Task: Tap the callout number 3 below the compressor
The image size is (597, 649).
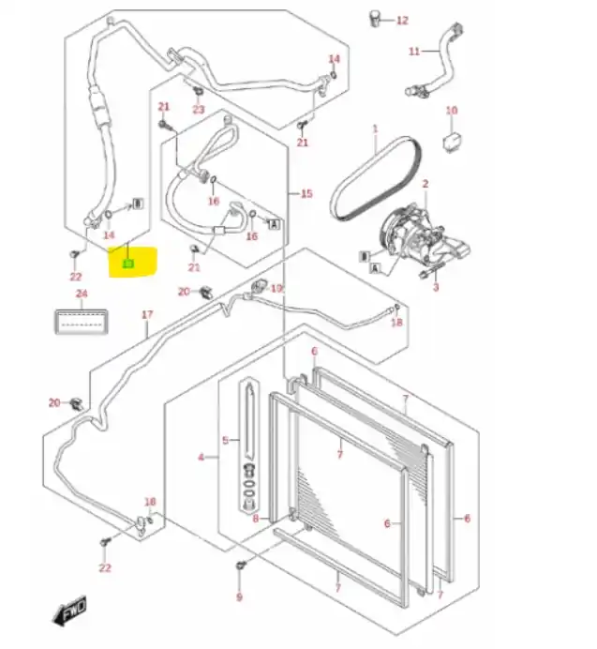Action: [x=435, y=287]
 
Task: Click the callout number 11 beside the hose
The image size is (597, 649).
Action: [x=413, y=51]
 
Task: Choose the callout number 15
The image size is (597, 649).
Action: [x=306, y=193]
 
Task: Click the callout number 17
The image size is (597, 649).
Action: [x=146, y=314]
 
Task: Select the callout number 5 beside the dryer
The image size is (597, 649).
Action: [x=225, y=440]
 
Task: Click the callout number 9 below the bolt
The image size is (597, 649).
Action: [x=238, y=596]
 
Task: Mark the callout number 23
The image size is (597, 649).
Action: [x=198, y=110]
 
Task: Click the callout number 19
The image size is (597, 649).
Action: [x=276, y=288]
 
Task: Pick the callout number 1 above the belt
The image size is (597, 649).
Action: [x=374, y=128]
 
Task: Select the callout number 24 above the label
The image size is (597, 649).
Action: [x=82, y=294]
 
